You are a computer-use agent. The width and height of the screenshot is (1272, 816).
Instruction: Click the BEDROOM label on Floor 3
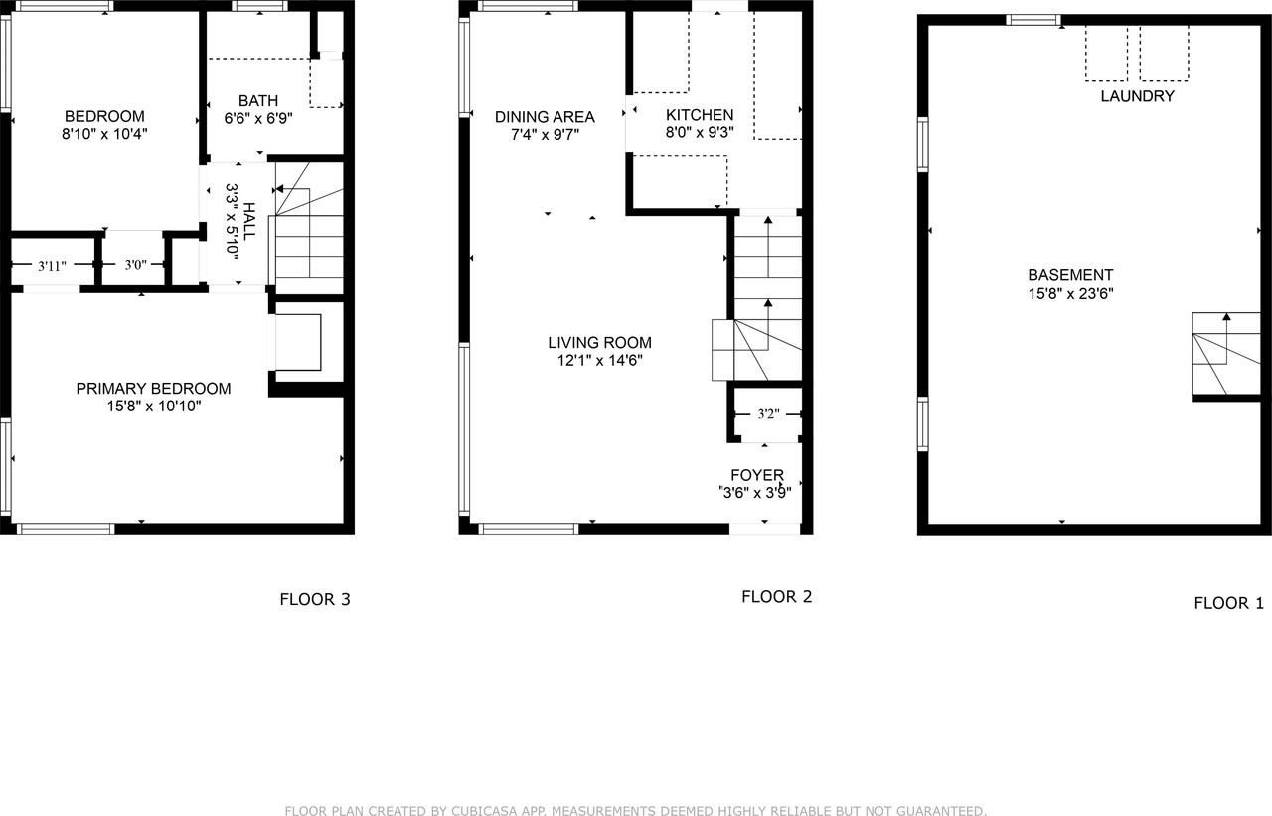(104, 115)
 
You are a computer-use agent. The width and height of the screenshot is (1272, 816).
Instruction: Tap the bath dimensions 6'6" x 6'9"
(258, 120)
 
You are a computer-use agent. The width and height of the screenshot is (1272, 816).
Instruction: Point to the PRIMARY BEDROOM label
(153, 388)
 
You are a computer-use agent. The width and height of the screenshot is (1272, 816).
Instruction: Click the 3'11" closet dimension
(52, 265)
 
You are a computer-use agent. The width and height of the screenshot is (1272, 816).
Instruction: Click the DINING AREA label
(545, 116)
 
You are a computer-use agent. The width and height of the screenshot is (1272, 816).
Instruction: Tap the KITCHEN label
(700, 115)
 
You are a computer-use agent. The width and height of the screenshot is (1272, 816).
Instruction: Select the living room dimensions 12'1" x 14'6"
(599, 361)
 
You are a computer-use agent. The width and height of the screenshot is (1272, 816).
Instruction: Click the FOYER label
(757, 475)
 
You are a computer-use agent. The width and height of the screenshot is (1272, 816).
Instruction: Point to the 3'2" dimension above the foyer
(766, 414)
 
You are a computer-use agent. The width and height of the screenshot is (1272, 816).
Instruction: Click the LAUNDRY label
(1137, 96)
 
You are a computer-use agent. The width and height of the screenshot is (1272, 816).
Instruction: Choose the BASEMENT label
(1070, 275)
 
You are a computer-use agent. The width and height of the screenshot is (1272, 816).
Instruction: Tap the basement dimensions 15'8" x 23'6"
(1070, 294)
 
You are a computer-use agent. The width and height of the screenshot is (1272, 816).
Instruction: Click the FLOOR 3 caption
(314, 599)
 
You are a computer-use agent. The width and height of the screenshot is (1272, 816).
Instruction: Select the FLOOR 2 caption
(776, 596)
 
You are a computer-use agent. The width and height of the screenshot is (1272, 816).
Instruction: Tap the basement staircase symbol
(1226, 354)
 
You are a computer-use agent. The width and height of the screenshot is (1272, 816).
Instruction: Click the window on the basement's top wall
(1033, 19)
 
